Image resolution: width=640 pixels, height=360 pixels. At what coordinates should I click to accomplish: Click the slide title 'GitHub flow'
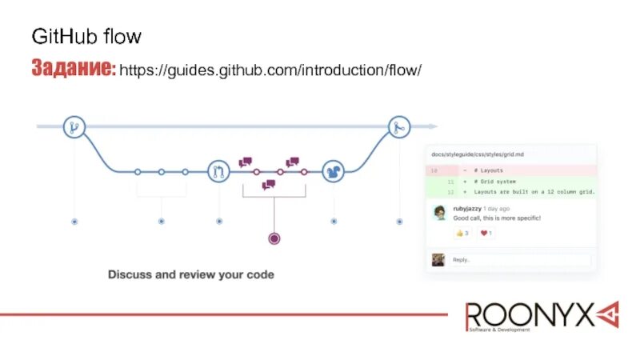point(86,37)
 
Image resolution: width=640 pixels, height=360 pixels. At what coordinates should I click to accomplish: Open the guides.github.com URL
point(270,70)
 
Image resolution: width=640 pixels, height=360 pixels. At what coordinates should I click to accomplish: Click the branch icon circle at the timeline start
point(74,126)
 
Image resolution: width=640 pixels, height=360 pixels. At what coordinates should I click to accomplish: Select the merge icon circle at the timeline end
point(400,126)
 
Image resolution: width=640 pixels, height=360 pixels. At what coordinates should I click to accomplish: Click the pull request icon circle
point(218,171)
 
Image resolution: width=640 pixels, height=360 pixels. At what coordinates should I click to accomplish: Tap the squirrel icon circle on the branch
point(334,171)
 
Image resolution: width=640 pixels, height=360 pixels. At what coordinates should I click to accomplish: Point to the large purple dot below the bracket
point(274,238)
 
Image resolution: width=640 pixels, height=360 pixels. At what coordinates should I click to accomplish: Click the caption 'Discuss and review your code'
point(191,274)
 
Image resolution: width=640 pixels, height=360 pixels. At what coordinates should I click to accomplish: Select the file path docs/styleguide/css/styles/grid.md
point(478,154)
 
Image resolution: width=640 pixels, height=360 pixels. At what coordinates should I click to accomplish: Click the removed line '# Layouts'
point(490,170)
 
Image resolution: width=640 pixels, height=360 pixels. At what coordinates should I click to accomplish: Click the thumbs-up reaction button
point(462,234)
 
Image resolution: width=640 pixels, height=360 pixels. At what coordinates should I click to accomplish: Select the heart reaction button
point(486,234)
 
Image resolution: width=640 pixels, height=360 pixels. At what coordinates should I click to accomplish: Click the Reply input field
point(520,260)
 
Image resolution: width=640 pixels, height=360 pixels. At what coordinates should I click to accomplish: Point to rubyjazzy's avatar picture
point(439,213)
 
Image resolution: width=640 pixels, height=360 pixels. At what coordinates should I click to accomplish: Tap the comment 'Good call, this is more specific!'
point(497,218)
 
